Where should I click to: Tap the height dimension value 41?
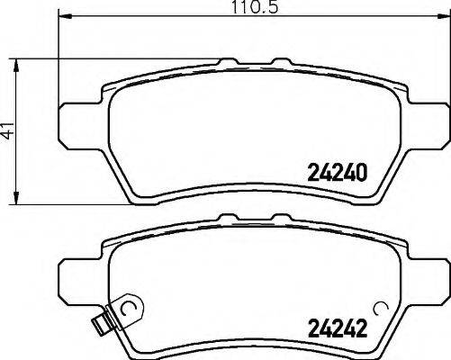pos(9,132)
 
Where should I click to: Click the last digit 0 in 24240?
pos(365,171)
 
